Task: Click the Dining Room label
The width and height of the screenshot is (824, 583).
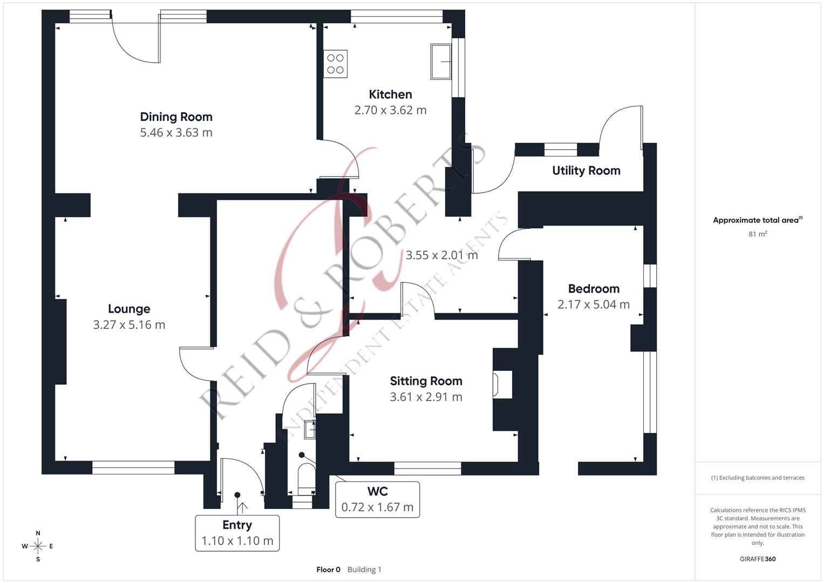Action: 176,117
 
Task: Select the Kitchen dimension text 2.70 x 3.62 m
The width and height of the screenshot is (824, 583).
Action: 390,110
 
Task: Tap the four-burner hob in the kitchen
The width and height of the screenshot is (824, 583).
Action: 335,64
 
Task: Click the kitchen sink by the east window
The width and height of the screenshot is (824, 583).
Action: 440,62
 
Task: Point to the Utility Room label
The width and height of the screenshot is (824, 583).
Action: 586,171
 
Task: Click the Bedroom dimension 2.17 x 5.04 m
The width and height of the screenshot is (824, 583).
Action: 594,304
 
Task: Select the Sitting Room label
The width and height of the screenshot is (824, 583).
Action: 426,381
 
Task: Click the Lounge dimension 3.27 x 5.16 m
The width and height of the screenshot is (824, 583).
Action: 129,325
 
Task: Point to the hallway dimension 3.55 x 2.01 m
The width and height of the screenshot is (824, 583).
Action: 441,255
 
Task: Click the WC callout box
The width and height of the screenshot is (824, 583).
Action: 377,499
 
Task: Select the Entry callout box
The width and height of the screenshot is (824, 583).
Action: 237,533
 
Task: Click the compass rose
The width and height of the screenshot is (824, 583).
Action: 38,546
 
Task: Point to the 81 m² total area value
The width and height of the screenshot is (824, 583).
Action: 758,234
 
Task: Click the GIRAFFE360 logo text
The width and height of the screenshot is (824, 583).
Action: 758,559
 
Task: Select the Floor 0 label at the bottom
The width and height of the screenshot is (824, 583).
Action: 328,570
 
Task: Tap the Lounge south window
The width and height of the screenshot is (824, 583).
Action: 133,467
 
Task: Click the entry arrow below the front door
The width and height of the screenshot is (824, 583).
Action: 242,507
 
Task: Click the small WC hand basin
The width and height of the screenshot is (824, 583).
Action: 310,430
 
